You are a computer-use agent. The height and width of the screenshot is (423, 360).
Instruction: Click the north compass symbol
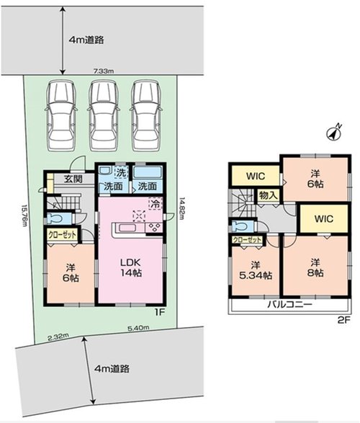[334, 133]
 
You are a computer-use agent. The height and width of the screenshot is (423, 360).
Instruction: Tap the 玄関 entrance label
[73, 179]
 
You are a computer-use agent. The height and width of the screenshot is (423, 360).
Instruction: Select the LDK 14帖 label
[131, 267]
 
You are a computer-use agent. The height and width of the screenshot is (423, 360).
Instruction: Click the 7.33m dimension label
[104, 71]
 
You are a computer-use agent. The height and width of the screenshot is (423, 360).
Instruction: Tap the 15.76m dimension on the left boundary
[24, 215]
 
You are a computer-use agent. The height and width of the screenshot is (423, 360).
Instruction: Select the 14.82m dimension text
[181, 208]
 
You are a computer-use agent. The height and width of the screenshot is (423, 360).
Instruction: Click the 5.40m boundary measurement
[138, 328]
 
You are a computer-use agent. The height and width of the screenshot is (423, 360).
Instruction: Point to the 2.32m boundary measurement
[58, 337]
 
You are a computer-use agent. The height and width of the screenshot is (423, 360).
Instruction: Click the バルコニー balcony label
[289, 305]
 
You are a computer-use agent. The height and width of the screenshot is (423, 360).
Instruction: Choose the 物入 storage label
[268, 195]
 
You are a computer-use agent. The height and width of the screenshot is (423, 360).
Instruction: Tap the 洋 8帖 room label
[315, 267]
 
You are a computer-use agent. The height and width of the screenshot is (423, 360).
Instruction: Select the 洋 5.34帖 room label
[256, 270]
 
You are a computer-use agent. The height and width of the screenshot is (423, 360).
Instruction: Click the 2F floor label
[343, 320]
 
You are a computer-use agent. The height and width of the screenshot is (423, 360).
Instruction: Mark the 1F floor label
[159, 313]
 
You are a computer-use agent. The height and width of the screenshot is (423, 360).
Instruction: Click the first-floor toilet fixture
[57, 218]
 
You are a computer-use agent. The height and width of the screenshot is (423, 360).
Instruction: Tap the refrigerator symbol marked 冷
[156, 204]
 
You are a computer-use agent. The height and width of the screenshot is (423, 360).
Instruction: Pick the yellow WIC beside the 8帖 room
[323, 218]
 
